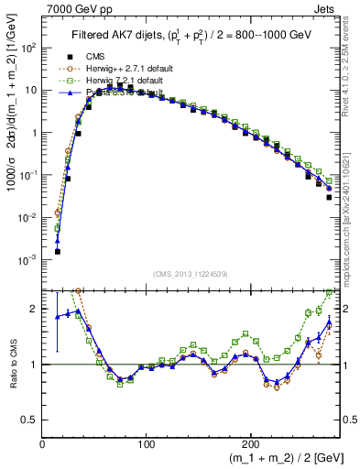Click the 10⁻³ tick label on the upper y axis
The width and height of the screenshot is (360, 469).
click(x=30, y=260)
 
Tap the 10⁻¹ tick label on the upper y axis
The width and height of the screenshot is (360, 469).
click(x=30, y=175)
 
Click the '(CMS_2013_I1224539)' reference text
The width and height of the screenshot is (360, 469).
click(x=190, y=275)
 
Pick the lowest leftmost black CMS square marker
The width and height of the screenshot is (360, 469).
click(x=57, y=251)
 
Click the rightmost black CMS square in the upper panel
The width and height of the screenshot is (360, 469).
click(x=329, y=196)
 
